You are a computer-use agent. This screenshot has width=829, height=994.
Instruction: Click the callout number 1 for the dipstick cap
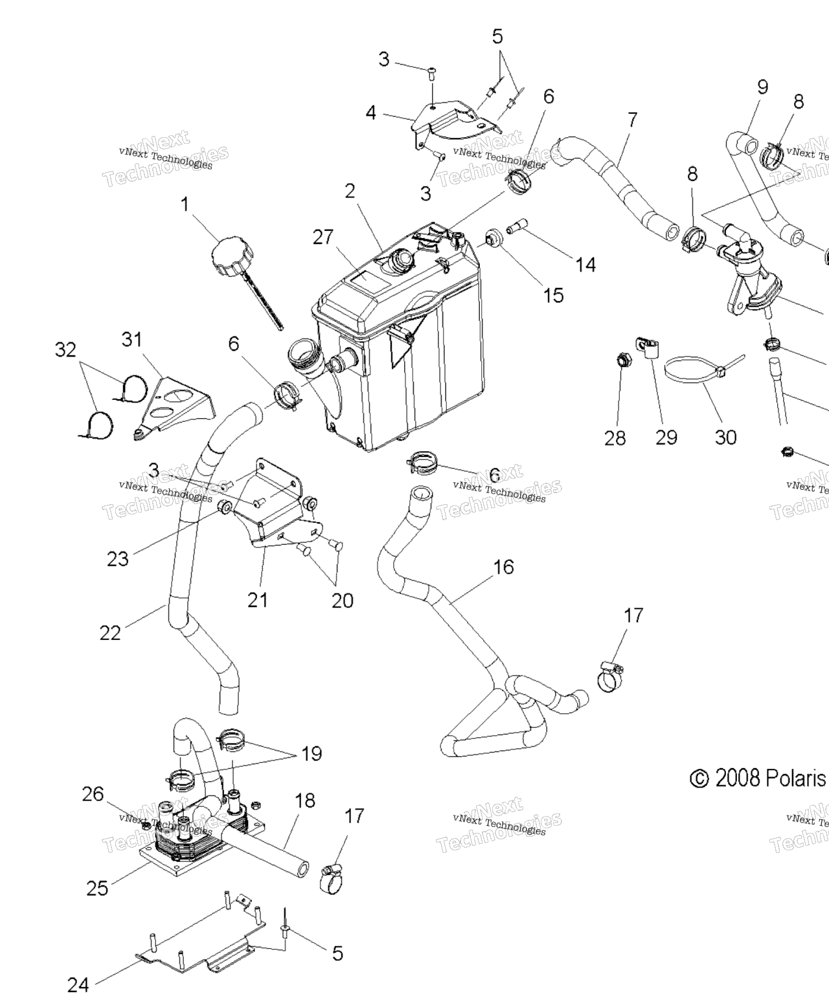[185, 205]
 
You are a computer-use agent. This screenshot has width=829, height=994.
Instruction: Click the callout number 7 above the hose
[632, 120]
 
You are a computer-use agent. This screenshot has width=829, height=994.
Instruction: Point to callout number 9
[762, 87]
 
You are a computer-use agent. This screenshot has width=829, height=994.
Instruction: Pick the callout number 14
[585, 264]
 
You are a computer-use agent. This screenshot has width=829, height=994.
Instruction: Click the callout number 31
[132, 339]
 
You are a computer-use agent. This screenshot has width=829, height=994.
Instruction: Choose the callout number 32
[65, 350]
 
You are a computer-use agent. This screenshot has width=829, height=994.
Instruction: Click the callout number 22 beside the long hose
[110, 632]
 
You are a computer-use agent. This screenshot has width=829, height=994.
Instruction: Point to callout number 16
[503, 567]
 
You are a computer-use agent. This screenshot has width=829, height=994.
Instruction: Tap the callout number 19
[312, 754]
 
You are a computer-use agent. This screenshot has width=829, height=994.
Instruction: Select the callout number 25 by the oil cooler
[97, 888]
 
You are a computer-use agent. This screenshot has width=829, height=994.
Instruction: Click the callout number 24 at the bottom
[78, 984]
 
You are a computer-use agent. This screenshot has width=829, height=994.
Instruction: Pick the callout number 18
[304, 801]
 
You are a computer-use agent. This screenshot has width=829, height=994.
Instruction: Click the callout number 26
[93, 794]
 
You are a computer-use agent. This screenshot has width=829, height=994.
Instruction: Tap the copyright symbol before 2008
[699, 779]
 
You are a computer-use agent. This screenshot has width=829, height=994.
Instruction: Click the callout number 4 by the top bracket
[370, 113]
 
